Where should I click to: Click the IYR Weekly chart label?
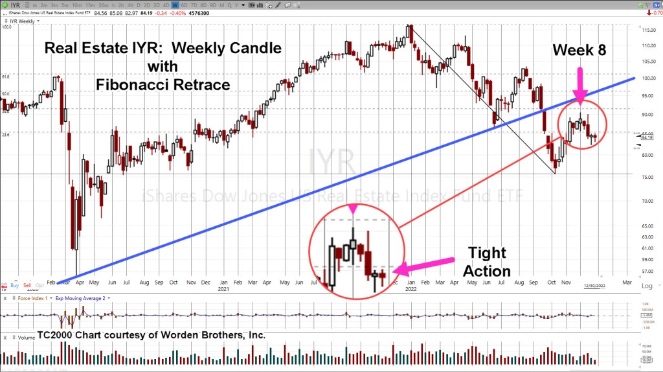coord(22,21)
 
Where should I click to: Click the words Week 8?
coord(579,49)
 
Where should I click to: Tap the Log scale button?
coord(646,286)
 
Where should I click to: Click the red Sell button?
coord(27,285)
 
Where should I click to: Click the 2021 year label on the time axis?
coord(223,290)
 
